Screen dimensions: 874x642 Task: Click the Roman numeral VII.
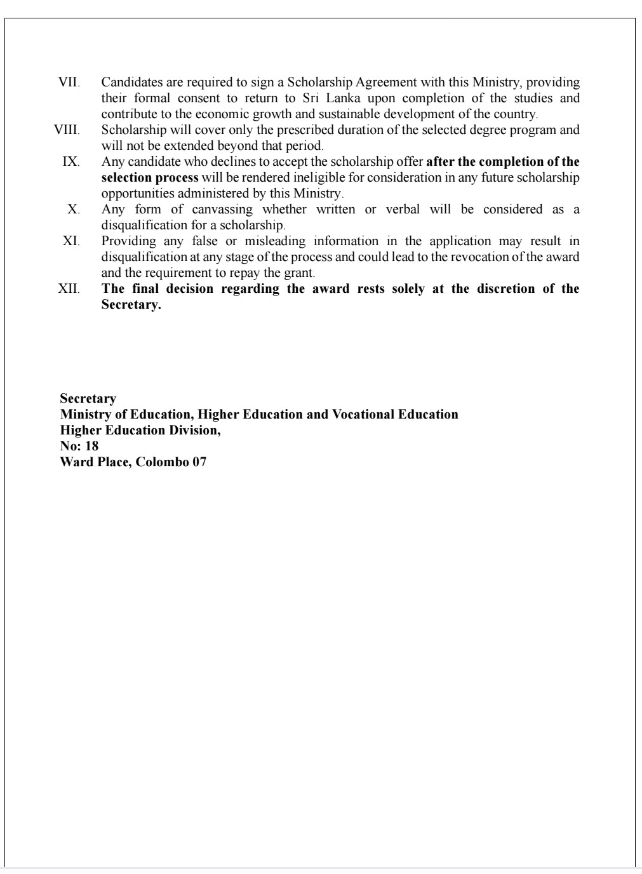(x=69, y=83)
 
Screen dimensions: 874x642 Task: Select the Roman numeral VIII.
(x=66, y=130)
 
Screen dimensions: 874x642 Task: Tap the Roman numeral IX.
(x=70, y=162)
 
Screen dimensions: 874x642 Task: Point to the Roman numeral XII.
(x=69, y=289)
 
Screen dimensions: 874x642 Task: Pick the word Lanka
(x=343, y=98)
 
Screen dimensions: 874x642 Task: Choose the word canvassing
(x=222, y=210)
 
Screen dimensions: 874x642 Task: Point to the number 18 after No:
(x=91, y=447)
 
